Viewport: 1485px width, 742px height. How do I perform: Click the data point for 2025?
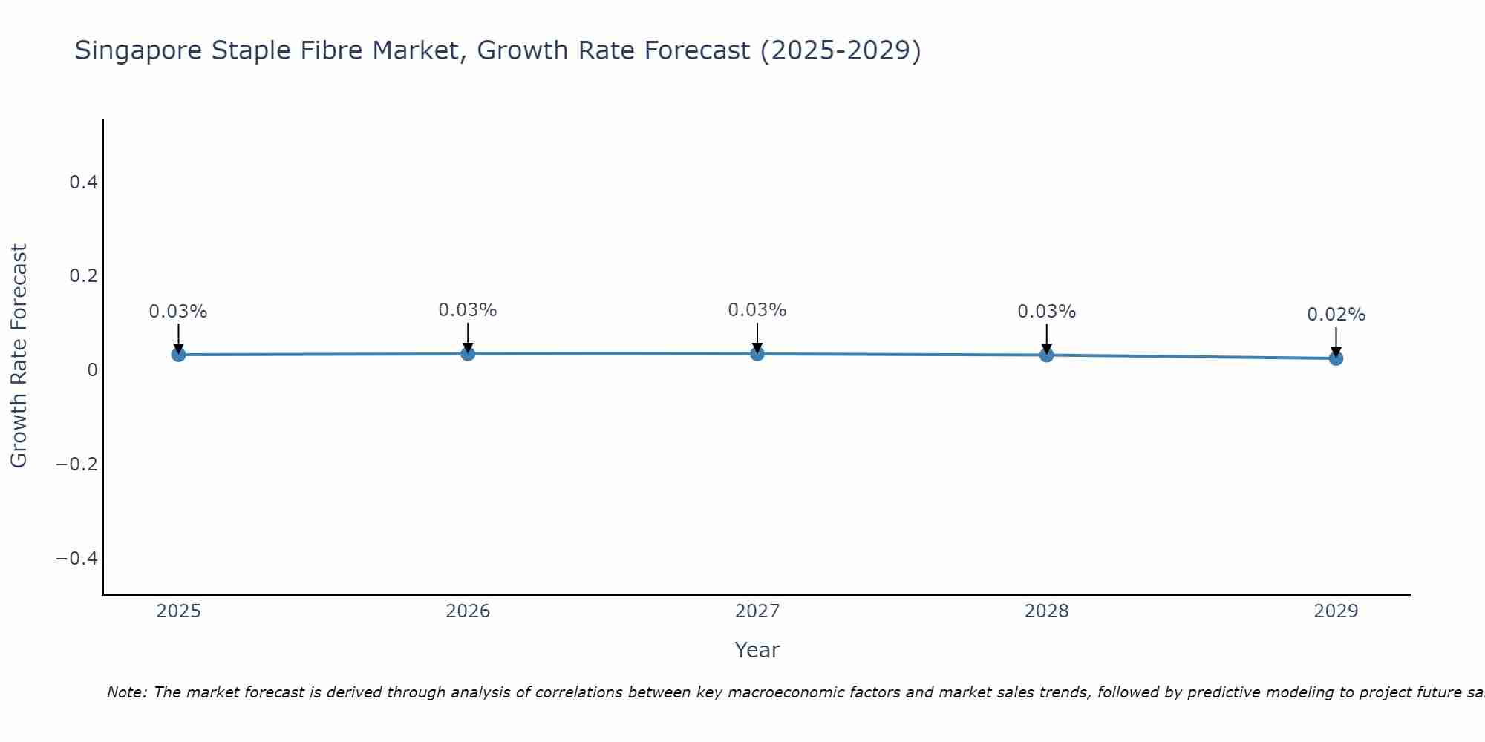click(x=178, y=355)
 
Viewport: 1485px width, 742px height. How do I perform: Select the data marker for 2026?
click(x=468, y=354)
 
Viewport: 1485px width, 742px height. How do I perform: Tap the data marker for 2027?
click(x=757, y=354)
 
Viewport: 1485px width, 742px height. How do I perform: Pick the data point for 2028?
click(x=1047, y=355)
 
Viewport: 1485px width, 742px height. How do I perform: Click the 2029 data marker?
click(x=1336, y=358)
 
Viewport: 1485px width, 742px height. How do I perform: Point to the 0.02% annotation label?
click(x=1336, y=315)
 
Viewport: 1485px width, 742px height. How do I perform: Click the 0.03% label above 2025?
click(x=178, y=312)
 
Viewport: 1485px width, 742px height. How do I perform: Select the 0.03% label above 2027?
click(x=757, y=310)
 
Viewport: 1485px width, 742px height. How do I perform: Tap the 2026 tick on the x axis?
click(x=468, y=611)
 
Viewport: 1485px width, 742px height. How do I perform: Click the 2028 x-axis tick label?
click(x=1047, y=611)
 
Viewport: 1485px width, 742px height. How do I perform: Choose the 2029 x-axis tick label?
click(x=1336, y=611)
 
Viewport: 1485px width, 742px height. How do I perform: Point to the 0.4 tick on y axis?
click(x=84, y=182)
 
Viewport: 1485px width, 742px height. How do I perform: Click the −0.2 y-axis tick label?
click(x=77, y=464)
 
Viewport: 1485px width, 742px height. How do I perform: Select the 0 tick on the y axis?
click(x=92, y=370)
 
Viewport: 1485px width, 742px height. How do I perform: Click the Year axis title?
click(x=757, y=650)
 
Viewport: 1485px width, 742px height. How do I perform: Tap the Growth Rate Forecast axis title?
click(x=19, y=355)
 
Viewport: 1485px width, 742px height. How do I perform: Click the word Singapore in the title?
click(x=139, y=51)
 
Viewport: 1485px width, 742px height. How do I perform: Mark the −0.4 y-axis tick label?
click(x=77, y=558)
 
